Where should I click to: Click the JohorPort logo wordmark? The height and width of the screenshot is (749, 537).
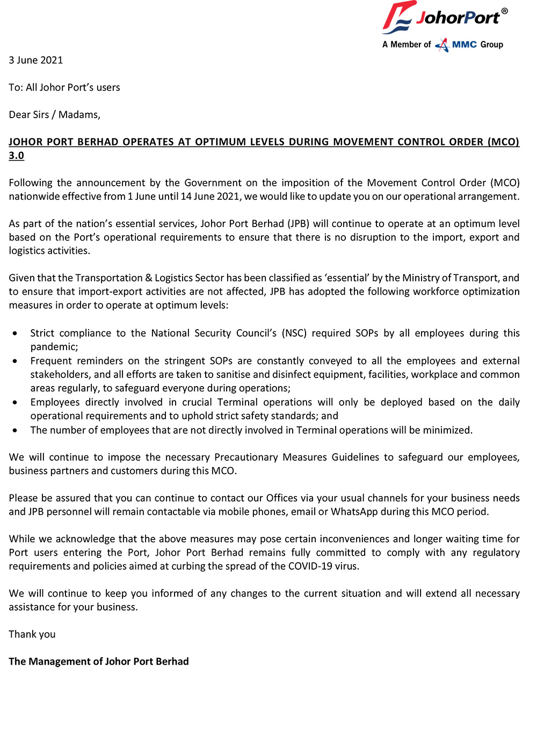tap(458, 18)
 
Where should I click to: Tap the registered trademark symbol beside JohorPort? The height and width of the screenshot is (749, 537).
tap(504, 11)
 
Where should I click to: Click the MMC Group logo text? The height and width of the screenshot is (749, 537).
tap(477, 45)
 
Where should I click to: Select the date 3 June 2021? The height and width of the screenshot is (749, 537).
tap(36, 60)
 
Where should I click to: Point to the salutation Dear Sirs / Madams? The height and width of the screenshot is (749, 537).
tap(54, 114)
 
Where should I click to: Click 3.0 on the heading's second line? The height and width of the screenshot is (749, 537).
tap(16, 156)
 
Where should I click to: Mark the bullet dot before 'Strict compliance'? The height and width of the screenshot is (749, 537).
tap(15, 333)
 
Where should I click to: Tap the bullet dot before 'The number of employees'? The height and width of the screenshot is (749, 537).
tap(15, 431)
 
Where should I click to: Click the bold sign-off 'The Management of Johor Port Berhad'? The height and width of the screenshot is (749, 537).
tap(99, 661)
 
